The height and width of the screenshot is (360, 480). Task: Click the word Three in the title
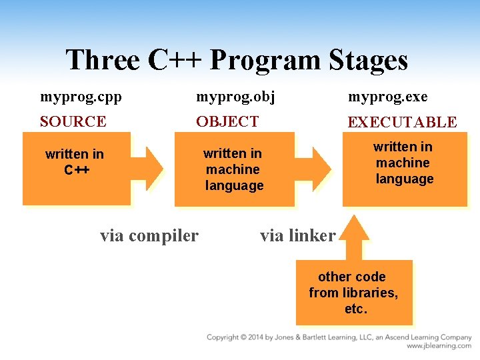pos(102,60)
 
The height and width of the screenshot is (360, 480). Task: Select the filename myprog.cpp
pos(81,97)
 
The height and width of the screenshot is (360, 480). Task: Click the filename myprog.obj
pos(235,97)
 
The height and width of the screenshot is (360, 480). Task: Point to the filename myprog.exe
pos(388,97)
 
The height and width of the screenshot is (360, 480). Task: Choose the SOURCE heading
pos(73,121)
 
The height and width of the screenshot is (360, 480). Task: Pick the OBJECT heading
pos(227,121)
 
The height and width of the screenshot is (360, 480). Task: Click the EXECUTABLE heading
pos(402,122)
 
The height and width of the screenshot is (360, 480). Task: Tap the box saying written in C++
pos(76,169)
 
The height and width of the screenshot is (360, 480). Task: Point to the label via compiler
pos(149,235)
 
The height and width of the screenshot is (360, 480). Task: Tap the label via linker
pos(297,235)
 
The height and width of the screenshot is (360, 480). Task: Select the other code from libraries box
pos(354,293)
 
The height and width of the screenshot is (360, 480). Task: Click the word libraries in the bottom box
pos(371,293)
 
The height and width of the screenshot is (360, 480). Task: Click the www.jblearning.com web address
pos(439,346)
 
